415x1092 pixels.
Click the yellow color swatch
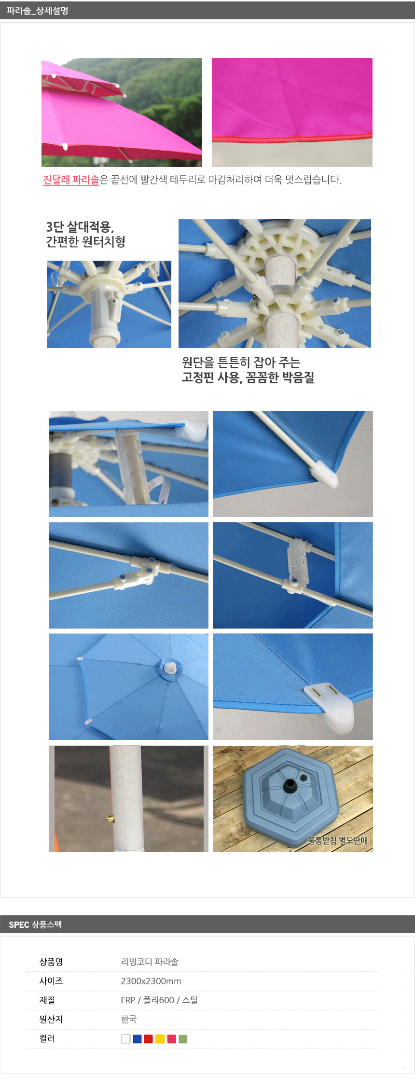click(160, 1039)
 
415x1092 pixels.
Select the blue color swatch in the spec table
click(137, 1039)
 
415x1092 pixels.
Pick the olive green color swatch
click(183, 1039)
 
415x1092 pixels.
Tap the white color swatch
click(126, 1039)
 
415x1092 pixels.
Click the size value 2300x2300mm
click(151, 981)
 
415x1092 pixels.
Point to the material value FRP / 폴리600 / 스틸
click(159, 1000)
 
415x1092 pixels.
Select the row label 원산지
click(51, 1019)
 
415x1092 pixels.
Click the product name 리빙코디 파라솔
click(150, 962)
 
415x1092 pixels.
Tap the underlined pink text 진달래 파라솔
click(71, 180)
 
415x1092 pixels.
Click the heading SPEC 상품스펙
click(35, 924)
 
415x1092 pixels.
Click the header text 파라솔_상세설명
click(38, 11)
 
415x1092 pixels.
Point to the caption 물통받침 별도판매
click(338, 840)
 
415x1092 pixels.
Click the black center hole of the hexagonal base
click(290, 784)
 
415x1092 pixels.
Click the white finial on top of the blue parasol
click(170, 668)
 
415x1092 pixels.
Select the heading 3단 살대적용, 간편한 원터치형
click(86, 234)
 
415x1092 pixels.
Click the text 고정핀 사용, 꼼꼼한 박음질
click(248, 377)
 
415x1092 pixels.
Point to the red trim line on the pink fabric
click(292, 139)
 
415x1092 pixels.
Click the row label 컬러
click(47, 1038)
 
